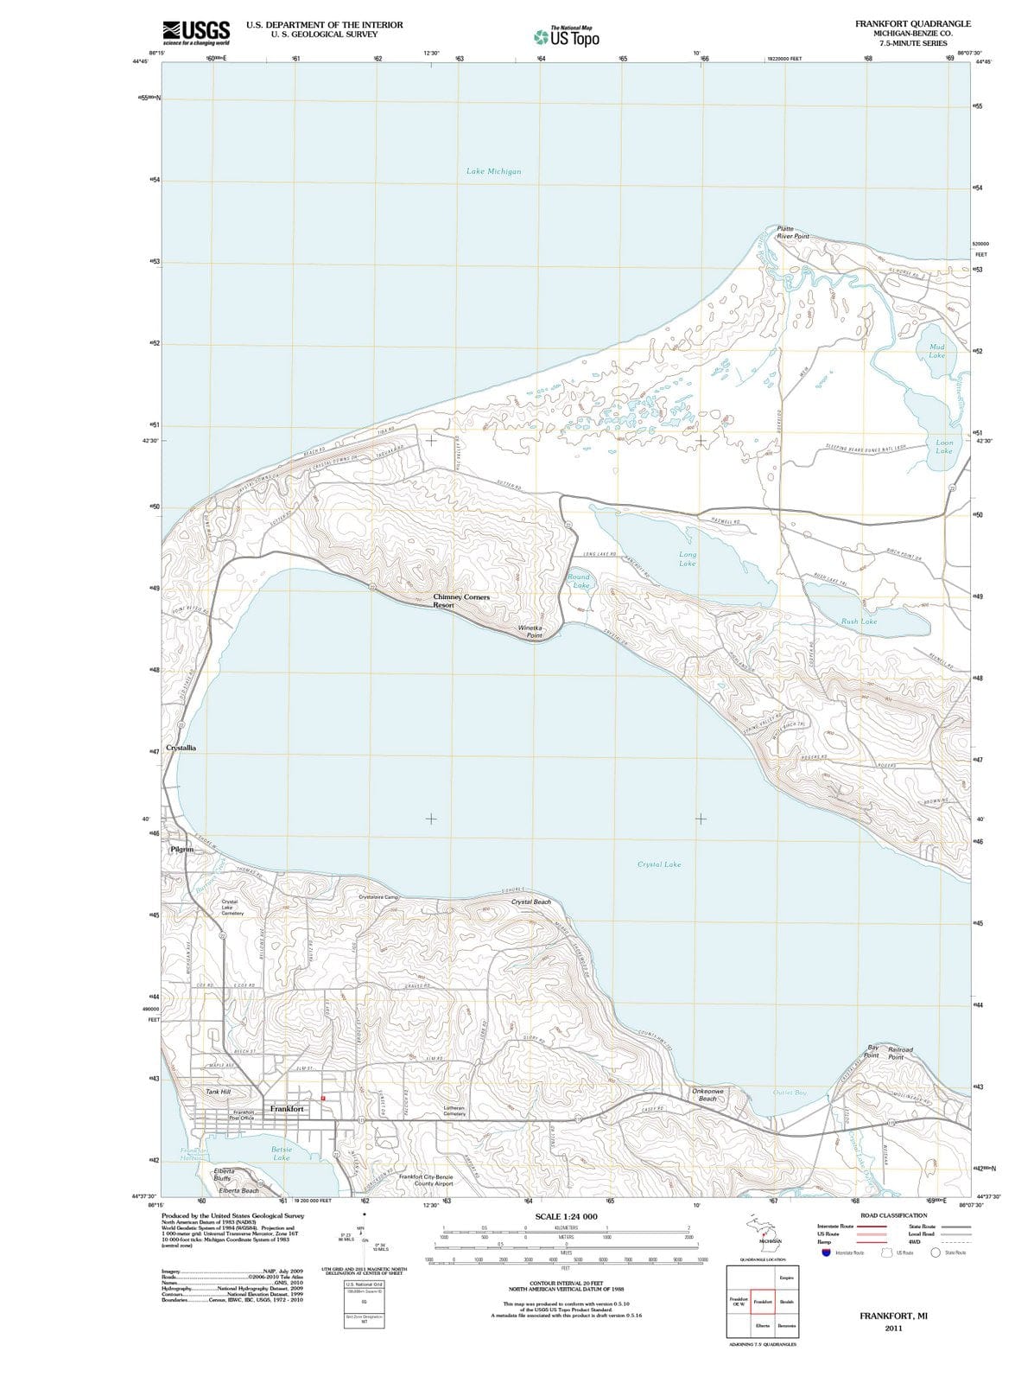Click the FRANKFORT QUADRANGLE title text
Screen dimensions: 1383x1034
click(912, 23)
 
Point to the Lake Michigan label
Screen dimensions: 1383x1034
click(493, 171)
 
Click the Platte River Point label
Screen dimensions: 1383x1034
click(792, 232)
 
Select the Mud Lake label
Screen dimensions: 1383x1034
click(936, 351)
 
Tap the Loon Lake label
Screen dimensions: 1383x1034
click(943, 446)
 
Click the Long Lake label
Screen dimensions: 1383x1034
click(688, 558)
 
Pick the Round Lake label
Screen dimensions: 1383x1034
click(579, 581)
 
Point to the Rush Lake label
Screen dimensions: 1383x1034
click(859, 621)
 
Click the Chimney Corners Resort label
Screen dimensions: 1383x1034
click(460, 601)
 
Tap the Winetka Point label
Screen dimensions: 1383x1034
click(530, 631)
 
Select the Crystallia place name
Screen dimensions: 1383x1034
click(181, 747)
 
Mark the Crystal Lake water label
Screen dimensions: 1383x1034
click(658, 864)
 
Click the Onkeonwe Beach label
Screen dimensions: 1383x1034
click(707, 1094)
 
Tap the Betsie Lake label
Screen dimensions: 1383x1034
click(282, 1153)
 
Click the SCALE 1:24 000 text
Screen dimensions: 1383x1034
click(566, 1216)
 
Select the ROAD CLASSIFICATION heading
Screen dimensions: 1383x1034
click(895, 1215)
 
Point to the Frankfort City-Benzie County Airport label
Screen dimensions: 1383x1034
click(426, 1180)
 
